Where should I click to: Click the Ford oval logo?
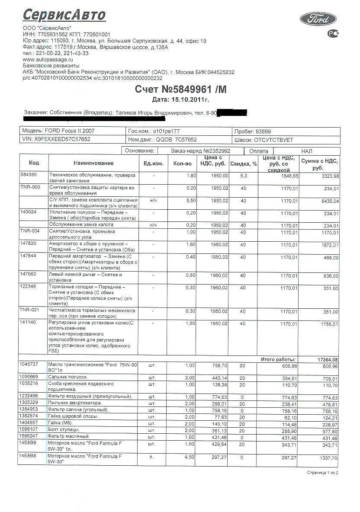tap(318, 19)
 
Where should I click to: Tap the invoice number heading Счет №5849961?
tap(180, 90)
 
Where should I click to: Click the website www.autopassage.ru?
tap(48, 59)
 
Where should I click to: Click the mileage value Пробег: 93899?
tap(253, 131)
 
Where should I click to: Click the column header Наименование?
tap(93, 163)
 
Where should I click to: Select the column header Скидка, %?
tap(244, 164)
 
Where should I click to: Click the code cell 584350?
tap(29, 175)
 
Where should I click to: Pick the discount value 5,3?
tap(243, 176)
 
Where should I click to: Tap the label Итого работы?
tap(278, 359)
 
